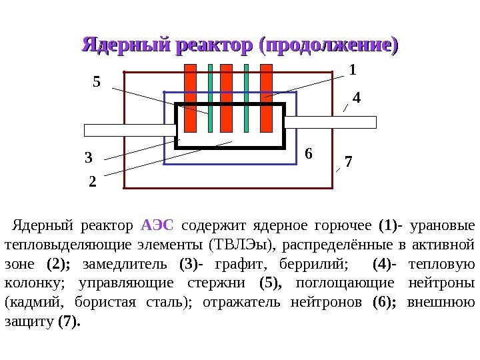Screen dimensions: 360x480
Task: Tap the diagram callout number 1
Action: (353, 70)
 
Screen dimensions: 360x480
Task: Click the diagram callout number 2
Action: (92, 180)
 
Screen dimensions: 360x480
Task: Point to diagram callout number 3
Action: (89, 159)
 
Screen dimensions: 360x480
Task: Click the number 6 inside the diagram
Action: (307, 153)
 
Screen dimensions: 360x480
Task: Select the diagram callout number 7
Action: (349, 161)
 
